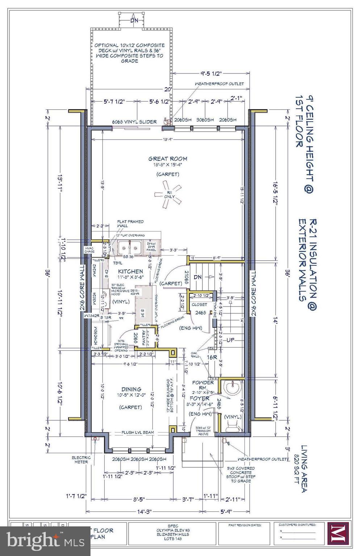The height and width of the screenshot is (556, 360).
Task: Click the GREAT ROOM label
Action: pos(167,159)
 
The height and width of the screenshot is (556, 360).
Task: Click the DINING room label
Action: pos(131,389)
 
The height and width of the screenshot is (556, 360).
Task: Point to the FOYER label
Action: pos(200,398)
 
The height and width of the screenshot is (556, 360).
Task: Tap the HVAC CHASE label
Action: pos(89,249)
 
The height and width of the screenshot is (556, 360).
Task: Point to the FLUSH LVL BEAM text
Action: pos(137,433)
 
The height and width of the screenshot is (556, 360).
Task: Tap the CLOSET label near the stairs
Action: pos(199,304)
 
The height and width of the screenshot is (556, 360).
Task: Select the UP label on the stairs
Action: pos(231,340)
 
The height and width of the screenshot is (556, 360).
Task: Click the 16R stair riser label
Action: pos(212,357)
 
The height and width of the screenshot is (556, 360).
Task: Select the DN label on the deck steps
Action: pos(134,20)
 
